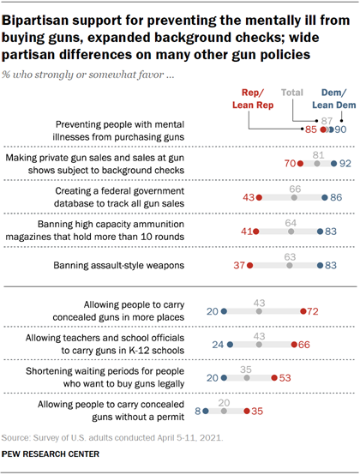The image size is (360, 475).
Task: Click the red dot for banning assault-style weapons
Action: point(249,266)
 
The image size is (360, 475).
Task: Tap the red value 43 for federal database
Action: point(248,197)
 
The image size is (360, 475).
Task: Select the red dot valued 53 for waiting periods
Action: point(273,378)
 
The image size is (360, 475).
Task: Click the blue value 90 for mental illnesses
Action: point(339,129)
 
